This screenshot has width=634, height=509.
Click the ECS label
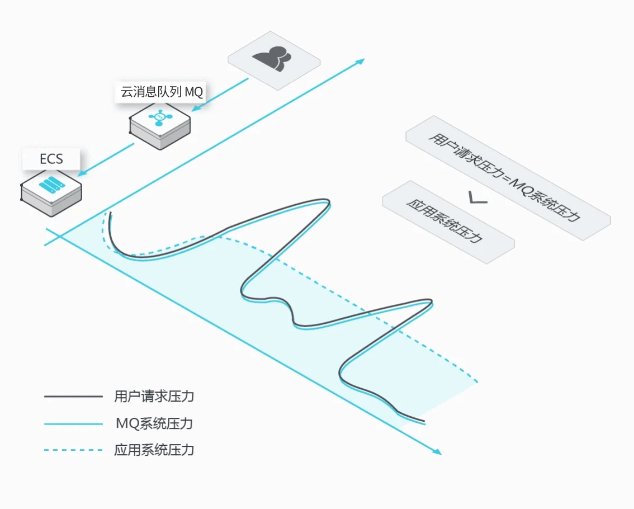coord(51,159)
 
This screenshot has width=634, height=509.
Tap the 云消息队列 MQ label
coord(162,92)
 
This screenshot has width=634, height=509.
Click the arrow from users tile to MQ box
coord(220,95)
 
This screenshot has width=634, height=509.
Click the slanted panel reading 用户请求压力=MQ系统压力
coord(508,178)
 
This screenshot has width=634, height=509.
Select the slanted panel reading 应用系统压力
coord(448,222)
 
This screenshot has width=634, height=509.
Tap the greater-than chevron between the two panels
coord(478,197)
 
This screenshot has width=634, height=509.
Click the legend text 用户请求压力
coord(154,396)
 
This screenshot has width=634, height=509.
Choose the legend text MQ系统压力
coord(154,423)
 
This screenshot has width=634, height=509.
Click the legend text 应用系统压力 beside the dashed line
coord(154,450)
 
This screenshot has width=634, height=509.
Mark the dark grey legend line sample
coord(73,397)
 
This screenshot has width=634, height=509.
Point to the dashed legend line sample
coord(73,450)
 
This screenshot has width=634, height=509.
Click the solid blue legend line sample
coord(73,423)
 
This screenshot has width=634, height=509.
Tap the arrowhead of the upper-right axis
coord(360,62)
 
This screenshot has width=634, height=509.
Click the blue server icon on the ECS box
coord(52,185)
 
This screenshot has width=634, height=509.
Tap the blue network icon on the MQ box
coord(160,117)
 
